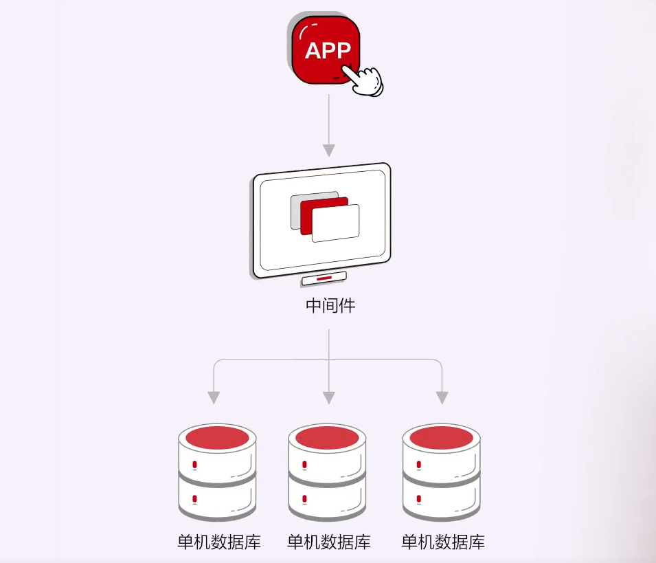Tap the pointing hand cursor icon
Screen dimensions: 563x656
tap(364, 80)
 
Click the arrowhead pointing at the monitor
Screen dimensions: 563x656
tap(329, 150)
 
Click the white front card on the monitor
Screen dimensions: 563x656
tap(336, 223)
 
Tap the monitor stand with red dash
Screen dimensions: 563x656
tap(324, 278)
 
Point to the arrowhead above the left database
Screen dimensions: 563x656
tap(214, 397)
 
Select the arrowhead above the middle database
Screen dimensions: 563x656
tap(329, 397)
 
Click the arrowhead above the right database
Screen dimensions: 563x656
tap(442, 397)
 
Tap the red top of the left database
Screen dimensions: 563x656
tap(217, 437)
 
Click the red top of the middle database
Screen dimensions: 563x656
tap(327, 437)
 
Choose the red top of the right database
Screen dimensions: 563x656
tap(440, 437)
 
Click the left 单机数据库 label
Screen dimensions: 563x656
tap(219, 542)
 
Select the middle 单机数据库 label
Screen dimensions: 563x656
tap(329, 542)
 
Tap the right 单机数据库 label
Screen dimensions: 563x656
tap(443, 542)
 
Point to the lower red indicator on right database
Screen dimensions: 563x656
tap(418, 498)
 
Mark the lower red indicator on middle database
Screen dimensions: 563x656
tap(305, 498)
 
